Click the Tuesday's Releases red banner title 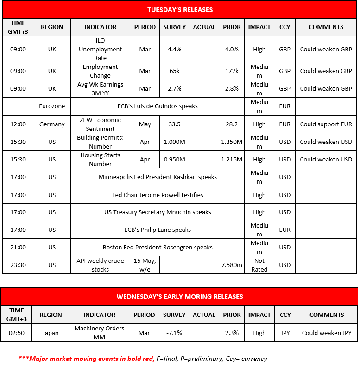tap(180, 10)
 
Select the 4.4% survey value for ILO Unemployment tap(174, 50)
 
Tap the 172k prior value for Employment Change tap(232, 71)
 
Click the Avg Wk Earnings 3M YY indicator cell tap(100, 89)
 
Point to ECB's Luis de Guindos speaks tap(157, 106)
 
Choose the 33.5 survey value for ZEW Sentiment tap(174, 124)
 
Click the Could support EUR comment tap(326, 124)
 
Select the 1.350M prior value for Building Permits tap(232, 142)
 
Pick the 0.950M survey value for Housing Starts tap(174, 159)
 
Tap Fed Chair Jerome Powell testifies tap(157, 195)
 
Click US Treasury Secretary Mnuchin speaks tap(157, 212)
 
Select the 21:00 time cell tap(18, 248)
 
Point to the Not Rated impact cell tap(259, 265)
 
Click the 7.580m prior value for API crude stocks tap(232, 265)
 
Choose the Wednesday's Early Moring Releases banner tap(179, 297)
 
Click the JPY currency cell tap(285, 333)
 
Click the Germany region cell tap(52, 124)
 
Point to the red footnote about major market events tap(143, 359)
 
